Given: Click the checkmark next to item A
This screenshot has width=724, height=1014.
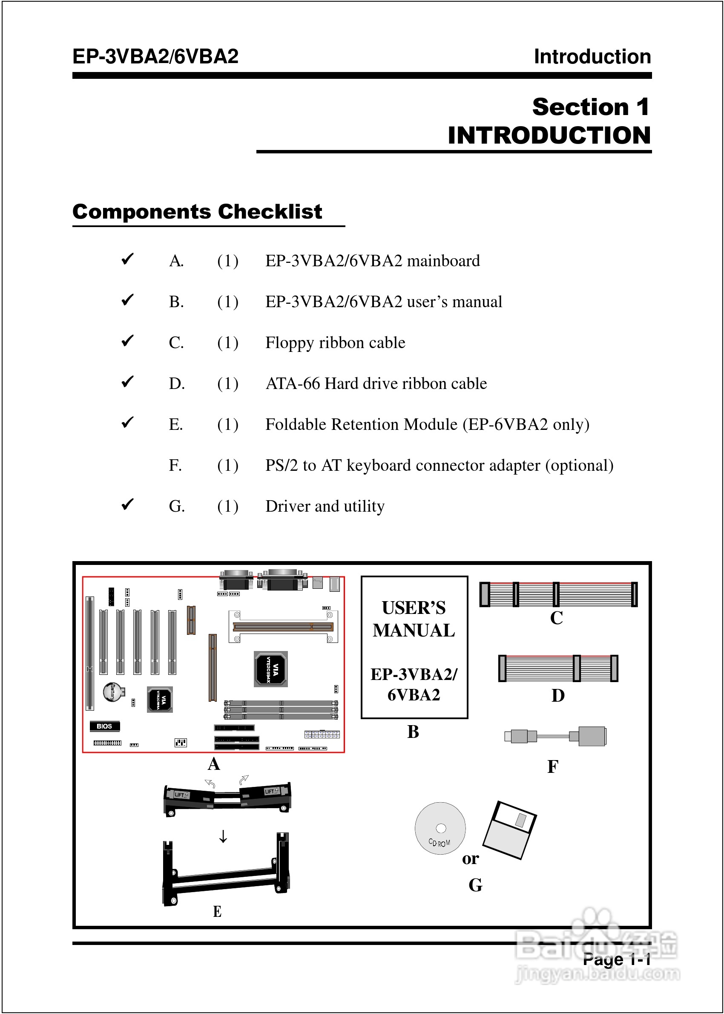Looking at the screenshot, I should [x=128, y=259].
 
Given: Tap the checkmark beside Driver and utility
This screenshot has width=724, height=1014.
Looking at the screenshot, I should [x=128, y=504].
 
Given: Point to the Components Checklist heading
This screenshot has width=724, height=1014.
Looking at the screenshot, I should [x=197, y=212].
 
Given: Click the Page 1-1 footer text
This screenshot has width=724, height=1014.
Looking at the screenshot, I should [x=616, y=959].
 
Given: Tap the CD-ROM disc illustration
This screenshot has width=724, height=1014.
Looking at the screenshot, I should [x=440, y=828].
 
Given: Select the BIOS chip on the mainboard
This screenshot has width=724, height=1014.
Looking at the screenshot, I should [x=104, y=726].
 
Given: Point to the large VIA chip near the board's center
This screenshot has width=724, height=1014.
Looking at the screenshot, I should [x=271, y=669].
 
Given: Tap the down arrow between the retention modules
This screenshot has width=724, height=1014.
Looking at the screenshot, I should [x=223, y=836].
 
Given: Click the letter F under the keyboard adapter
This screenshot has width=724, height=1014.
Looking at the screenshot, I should [x=552, y=766].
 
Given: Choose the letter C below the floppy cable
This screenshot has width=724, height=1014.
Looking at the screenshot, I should [x=556, y=618].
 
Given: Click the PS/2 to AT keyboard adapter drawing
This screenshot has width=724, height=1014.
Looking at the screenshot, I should [x=555, y=736].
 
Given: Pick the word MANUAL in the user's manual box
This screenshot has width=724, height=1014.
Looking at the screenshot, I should [x=414, y=631].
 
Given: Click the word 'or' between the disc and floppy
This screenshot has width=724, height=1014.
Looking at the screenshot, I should [x=470, y=858].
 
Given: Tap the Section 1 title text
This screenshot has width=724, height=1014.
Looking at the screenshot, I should [x=591, y=107].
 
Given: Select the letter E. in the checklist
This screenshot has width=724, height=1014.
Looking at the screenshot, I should [x=176, y=424].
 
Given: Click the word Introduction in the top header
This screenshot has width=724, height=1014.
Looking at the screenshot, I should [x=592, y=57].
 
